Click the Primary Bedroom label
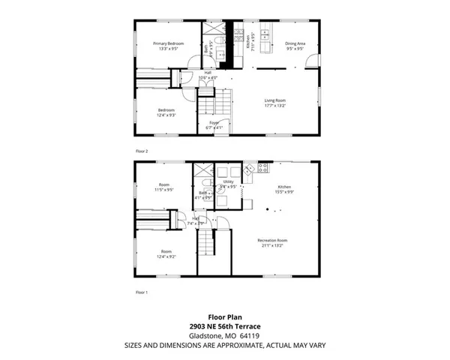[x=165, y=46]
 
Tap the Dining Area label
[x=295, y=46]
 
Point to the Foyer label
[x=214, y=125]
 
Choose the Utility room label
[x=228, y=184]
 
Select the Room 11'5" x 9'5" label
[x=165, y=187]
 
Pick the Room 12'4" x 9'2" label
[x=166, y=255]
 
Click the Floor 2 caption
[x=142, y=151]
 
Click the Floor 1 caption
[x=142, y=292]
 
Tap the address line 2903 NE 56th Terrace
[x=225, y=326]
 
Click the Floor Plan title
[x=225, y=316]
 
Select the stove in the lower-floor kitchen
[x=262, y=169]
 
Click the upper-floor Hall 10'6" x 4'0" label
[x=206, y=75]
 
